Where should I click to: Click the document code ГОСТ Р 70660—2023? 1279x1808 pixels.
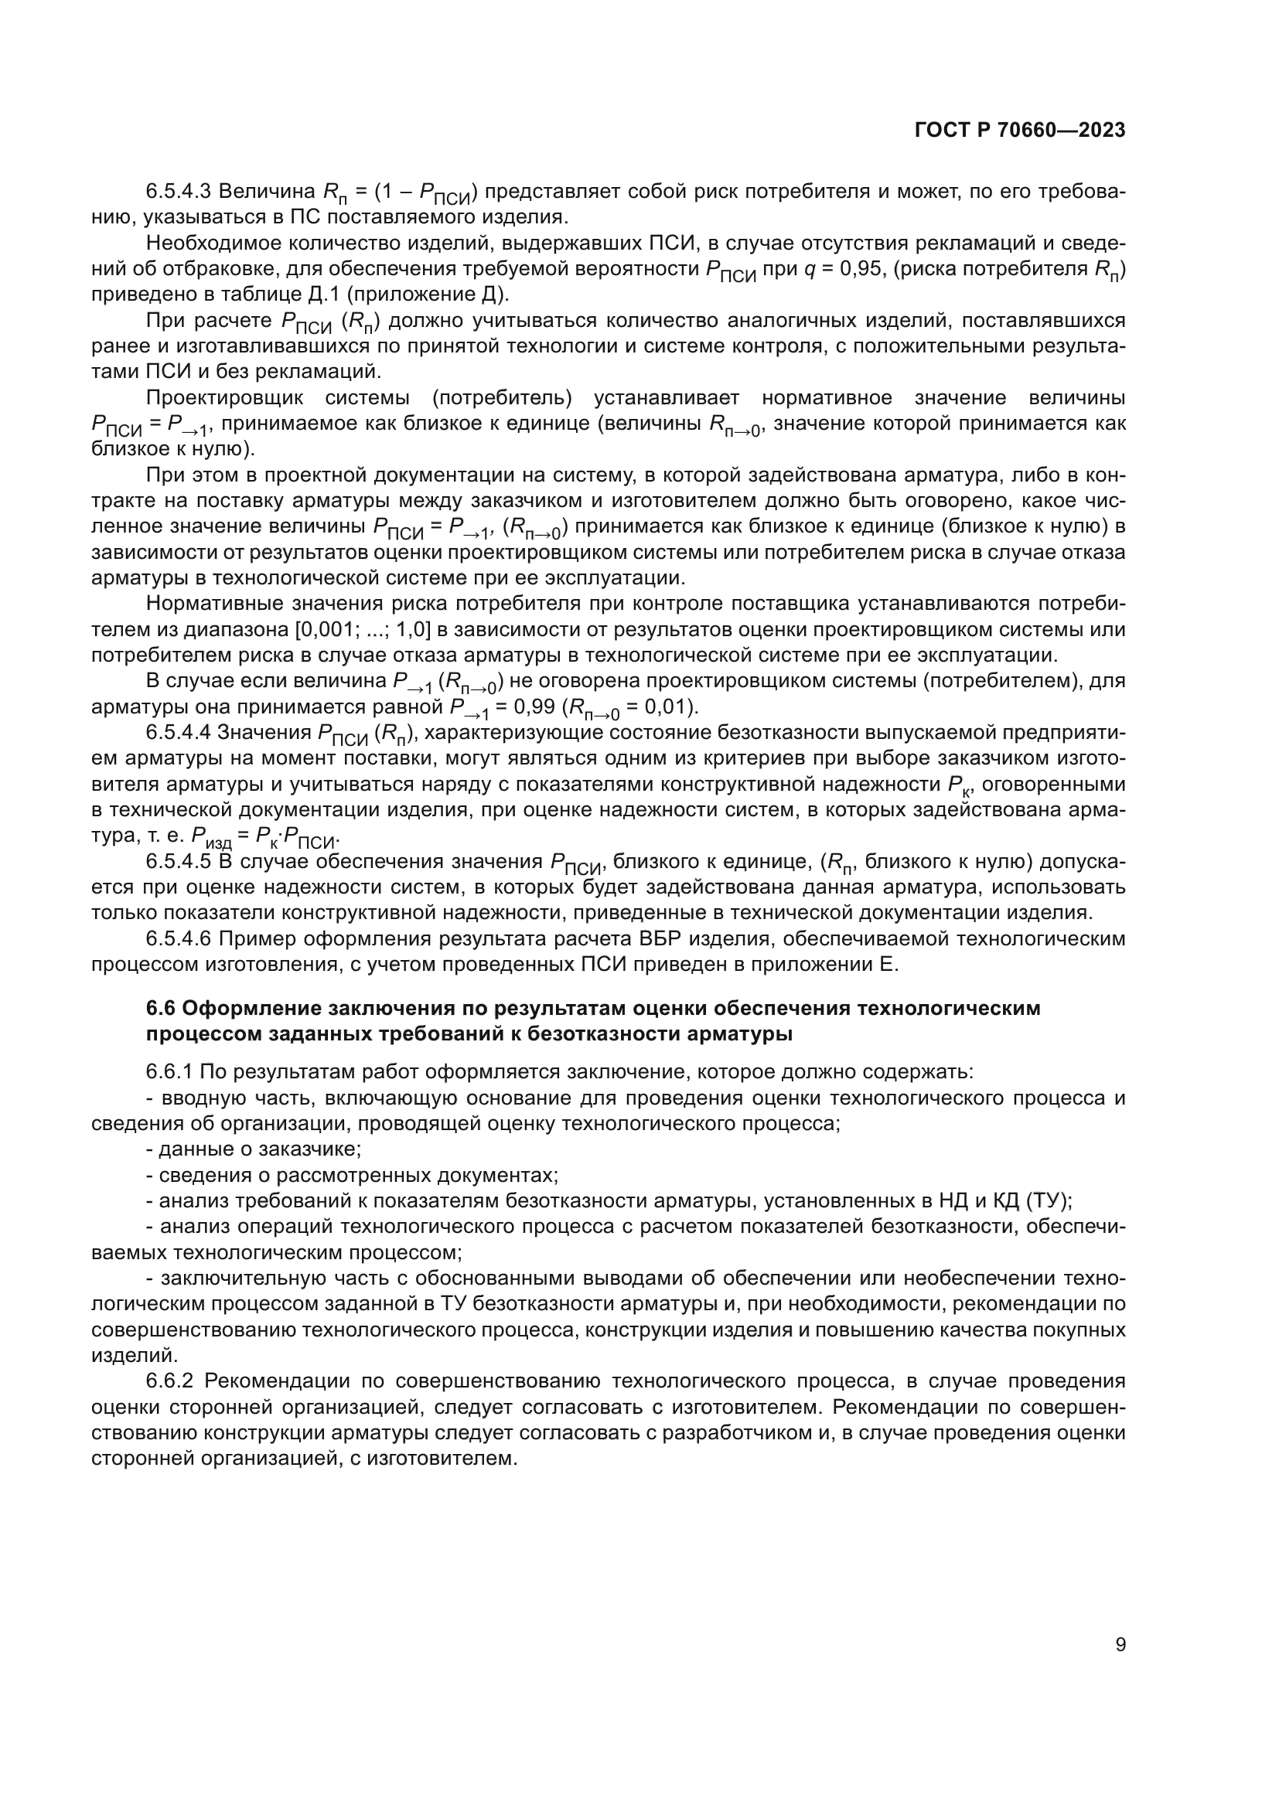coord(1020,131)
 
